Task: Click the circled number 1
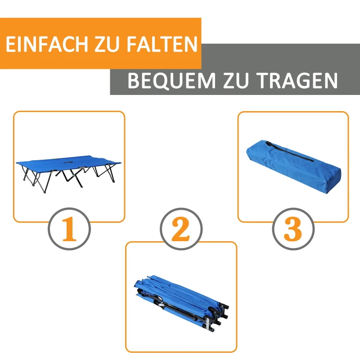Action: (x=69, y=229)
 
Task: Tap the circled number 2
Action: (x=181, y=229)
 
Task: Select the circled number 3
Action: (x=293, y=229)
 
